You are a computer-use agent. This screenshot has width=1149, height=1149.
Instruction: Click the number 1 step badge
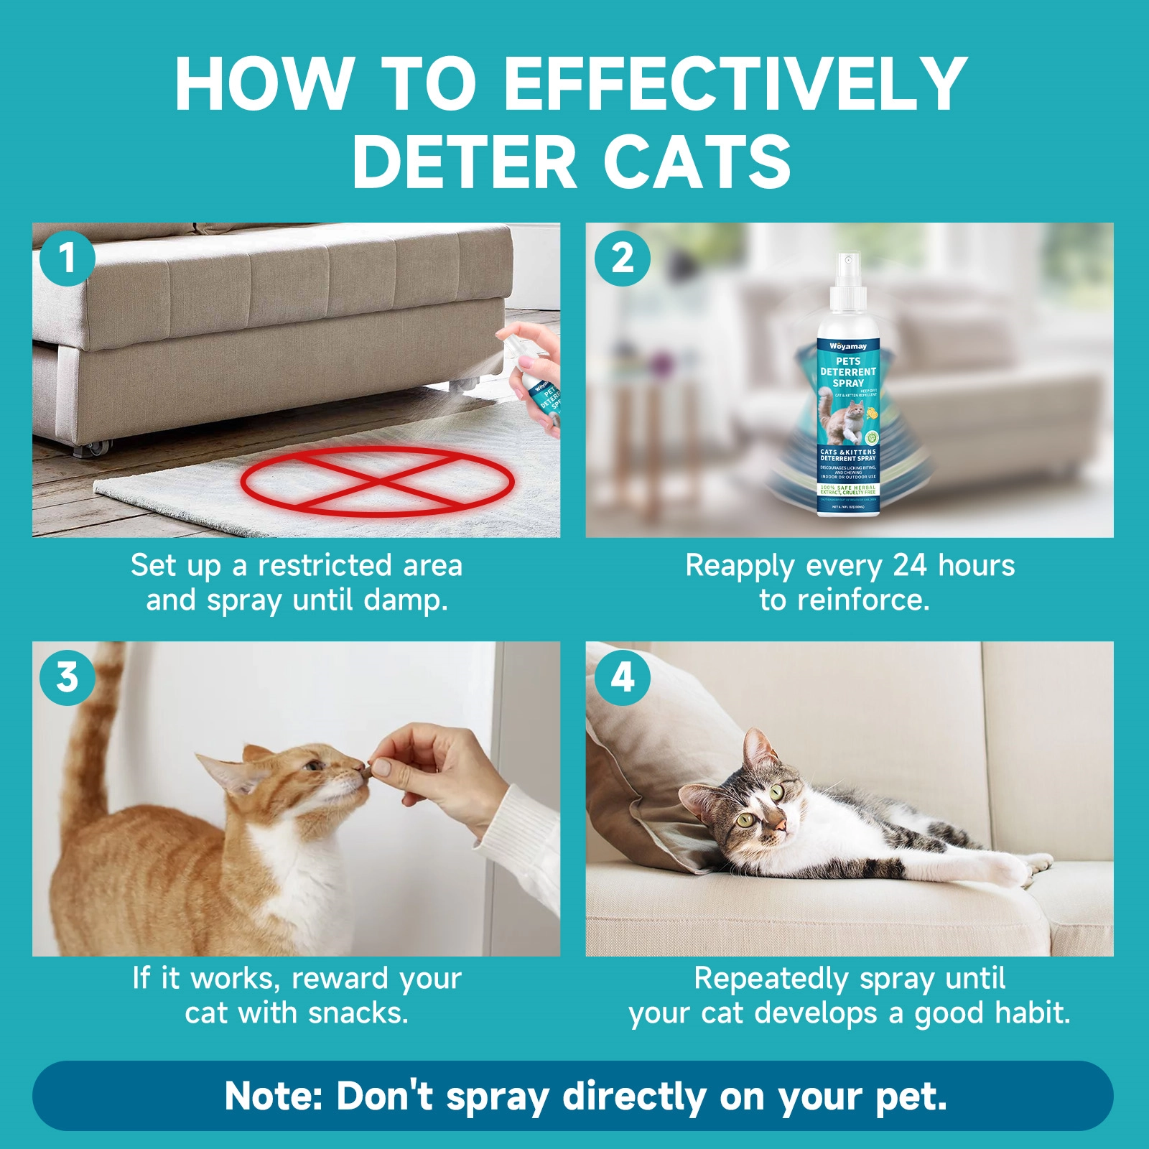[x=67, y=258]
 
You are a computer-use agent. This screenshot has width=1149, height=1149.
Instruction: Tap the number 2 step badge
[x=622, y=258]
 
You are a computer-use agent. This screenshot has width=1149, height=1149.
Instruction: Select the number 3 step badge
[x=67, y=677]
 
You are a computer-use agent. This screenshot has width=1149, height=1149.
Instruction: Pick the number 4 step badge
[x=622, y=677]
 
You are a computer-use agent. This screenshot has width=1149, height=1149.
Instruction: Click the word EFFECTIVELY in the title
[x=735, y=84]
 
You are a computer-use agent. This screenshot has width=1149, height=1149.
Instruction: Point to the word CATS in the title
[x=697, y=162]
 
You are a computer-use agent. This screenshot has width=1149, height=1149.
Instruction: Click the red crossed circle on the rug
[x=377, y=480]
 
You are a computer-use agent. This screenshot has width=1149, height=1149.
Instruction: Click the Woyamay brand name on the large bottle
[x=848, y=346]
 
